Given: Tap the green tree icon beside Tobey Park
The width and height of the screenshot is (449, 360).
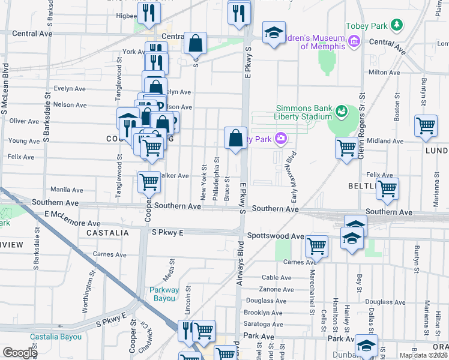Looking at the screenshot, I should pyautogui.click(x=396, y=25).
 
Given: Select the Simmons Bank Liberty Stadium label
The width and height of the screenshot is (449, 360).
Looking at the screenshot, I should pyautogui.click(x=304, y=112).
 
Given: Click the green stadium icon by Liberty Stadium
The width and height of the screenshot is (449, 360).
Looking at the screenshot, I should pyautogui.click(x=341, y=111).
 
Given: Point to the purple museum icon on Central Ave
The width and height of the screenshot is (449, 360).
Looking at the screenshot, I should pyautogui.click(x=354, y=41).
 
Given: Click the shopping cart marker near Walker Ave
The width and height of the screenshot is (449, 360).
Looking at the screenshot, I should pyautogui.click(x=149, y=181).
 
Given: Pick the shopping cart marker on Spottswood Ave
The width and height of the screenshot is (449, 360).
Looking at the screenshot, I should pyautogui.click(x=316, y=245).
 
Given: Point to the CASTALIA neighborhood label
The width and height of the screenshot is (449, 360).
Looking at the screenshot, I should pyautogui.click(x=107, y=232).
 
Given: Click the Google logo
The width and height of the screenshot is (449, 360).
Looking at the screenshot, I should pyautogui.click(x=20, y=353).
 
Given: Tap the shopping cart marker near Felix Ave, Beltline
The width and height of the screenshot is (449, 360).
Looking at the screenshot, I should pyautogui.click(x=388, y=188).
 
